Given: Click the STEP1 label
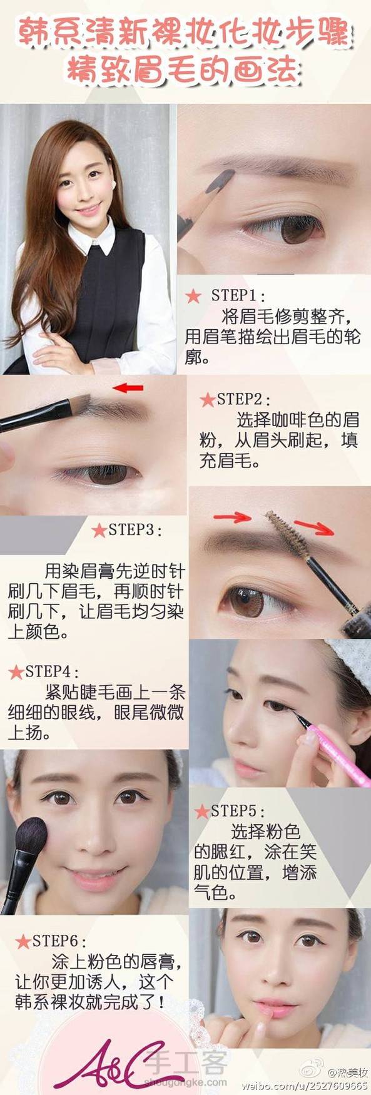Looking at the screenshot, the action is point(238,295).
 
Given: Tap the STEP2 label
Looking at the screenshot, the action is point(244,399).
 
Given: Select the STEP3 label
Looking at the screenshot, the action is point(135,530).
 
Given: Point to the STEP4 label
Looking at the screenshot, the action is point(53,672).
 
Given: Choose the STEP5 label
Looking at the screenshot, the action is point(238,812).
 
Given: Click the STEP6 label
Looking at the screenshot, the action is point(59,940).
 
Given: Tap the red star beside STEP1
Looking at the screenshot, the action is point(193,295).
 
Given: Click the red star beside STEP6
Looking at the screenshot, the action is point(23,941).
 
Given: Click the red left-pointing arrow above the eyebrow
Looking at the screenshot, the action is point(130,388).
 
